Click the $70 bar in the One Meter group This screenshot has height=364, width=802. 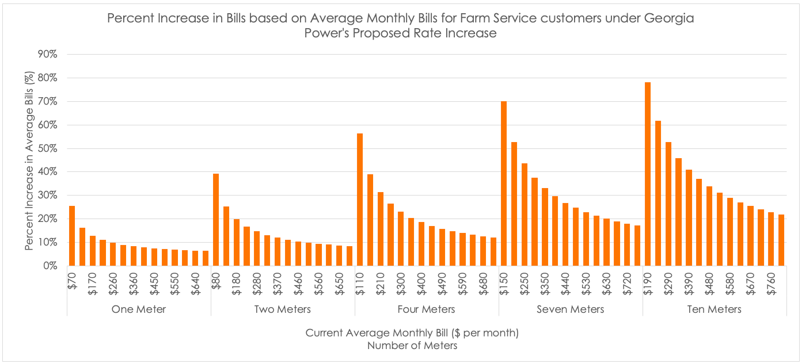click(72, 236)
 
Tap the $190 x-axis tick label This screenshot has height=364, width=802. click(648, 281)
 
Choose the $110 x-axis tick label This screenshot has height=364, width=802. click(360, 281)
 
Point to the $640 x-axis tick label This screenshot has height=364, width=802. click(196, 281)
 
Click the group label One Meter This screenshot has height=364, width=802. click(139, 309)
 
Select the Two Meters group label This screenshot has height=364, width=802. click(283, 309)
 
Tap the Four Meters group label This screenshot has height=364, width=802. click(427, 309)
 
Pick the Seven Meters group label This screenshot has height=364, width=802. click(571, 309)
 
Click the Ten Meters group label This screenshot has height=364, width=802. click(714, 309)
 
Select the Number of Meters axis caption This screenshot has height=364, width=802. click(412, 346)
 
